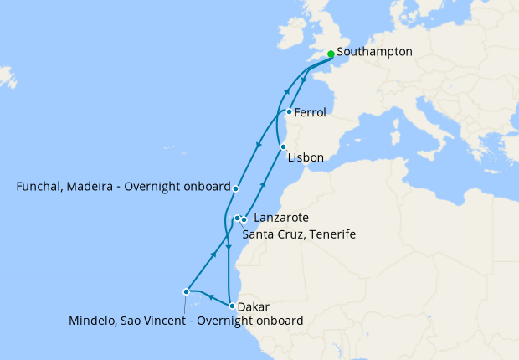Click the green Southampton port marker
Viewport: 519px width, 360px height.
click(x=331, y=54)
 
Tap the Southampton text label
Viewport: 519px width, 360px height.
click(x=374, y=52)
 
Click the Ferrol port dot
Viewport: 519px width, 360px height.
click(x=289, y=111)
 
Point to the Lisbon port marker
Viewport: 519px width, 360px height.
click(x=283, y=147)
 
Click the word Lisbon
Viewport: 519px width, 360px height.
click(x=305, y=157)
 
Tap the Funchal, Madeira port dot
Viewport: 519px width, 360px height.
click(x=236, y=188)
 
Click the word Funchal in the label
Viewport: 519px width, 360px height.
click(x=41, y=188)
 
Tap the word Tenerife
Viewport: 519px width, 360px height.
click(x=331, y=234)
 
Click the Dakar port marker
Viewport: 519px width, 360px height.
click(x=232, y=306)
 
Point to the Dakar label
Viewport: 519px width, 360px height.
click(x=254, y=306)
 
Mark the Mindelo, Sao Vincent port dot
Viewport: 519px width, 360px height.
click(x=186, y=292)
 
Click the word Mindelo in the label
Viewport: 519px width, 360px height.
click(x=93, y=320)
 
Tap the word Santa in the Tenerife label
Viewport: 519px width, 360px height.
click(x=259, y=234)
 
